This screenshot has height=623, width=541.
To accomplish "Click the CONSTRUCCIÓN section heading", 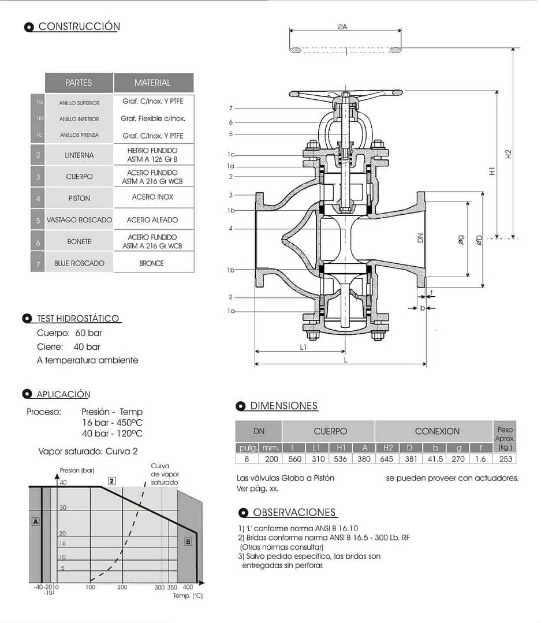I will click(x=79, y=27).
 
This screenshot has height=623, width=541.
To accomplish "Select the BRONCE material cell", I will click(x=152, y=263).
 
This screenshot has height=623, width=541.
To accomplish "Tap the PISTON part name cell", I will click(x=79, y=198).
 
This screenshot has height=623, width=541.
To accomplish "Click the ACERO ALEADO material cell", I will click(x=152, y=220).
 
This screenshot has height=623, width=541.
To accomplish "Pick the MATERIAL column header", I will click(x=152, y=83).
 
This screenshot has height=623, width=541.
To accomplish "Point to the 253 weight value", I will click(x=505, y=459).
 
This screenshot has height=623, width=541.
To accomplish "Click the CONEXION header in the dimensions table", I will click(x=437, y=431).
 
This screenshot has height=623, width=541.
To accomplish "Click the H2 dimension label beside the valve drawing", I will click(x=508, y=154).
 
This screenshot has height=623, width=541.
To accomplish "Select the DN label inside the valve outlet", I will click(x=420, y=237).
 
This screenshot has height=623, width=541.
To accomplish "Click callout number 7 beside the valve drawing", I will click(x=230, y=109).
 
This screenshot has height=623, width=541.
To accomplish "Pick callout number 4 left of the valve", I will click(x=230, y=229).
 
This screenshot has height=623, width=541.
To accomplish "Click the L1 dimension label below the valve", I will click(x=303, y=347).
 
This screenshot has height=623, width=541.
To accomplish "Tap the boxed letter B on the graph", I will click(x=188, y=542).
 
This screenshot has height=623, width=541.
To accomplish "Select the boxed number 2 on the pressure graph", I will click(x=112, y=480).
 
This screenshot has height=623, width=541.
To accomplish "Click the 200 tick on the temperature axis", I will click(x=122, y=587).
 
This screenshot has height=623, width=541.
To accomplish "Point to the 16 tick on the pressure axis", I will click(x=62, y=543).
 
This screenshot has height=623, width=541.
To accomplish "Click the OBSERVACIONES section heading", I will click(x=294, y=513).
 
